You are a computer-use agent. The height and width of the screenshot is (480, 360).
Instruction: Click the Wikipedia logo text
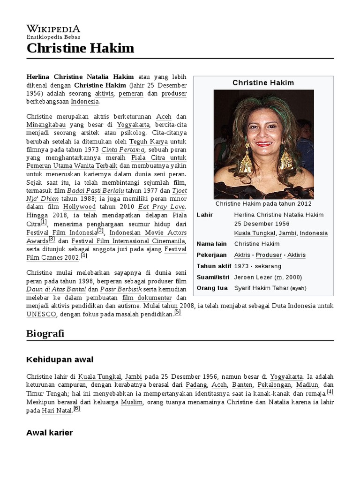pos(53,29)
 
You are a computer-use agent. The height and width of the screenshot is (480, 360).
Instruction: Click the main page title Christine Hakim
pos(80,48)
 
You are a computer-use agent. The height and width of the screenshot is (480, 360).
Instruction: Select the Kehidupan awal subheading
pos(60,360)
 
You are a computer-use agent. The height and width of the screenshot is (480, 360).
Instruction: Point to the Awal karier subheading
pos(50,433)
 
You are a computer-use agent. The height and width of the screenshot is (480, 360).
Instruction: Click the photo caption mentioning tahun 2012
pos(263,204)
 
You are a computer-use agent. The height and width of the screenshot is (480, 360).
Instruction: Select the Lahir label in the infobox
pos(205,215)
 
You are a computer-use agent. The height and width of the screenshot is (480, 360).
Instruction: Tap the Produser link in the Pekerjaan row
pos(269,255)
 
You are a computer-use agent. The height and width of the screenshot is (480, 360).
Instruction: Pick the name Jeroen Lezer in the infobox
pos(253,277)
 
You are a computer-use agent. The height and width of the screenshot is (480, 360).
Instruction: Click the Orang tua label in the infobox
pos(212,288)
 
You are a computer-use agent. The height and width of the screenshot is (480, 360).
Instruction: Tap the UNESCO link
pos(42,315)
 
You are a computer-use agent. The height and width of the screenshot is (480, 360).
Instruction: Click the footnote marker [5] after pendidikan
pos(177,312)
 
